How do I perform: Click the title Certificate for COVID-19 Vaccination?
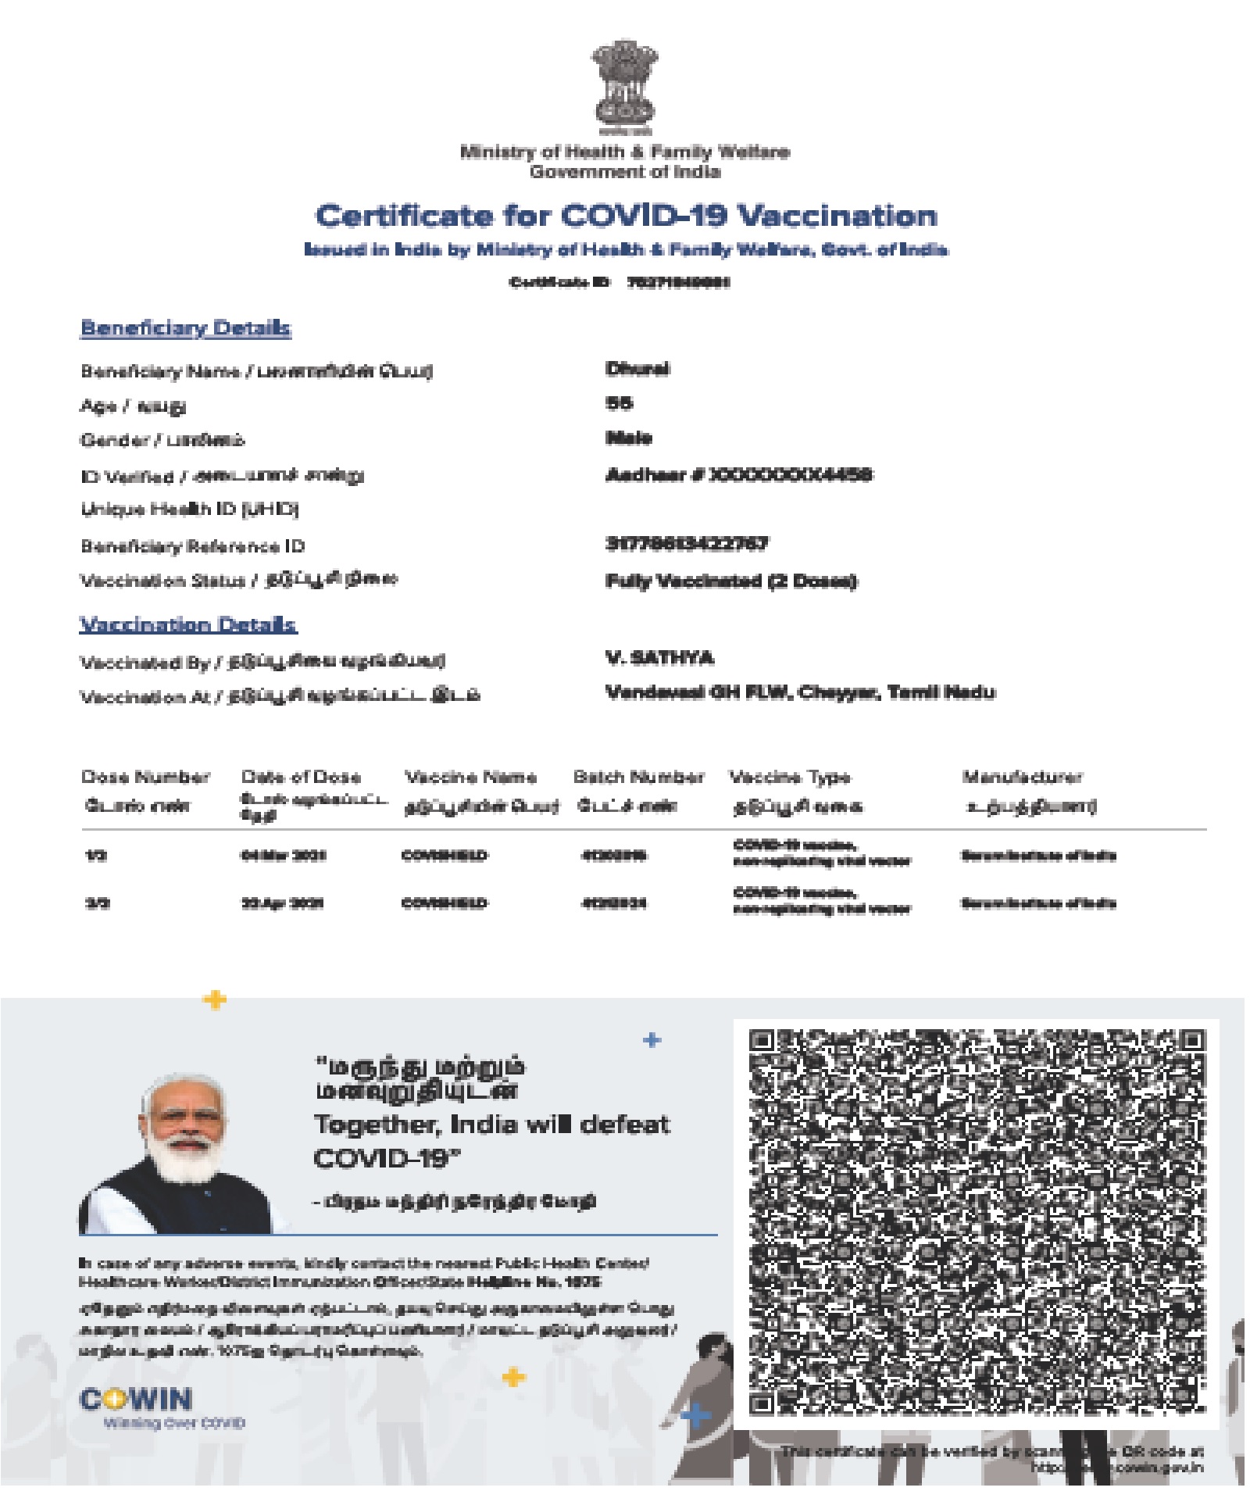coord(626,216)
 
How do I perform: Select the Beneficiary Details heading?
coord(185,328)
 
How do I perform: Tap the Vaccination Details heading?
coord(188,625)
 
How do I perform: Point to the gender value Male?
coord(628,438)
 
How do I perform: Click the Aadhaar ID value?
coord(738,474)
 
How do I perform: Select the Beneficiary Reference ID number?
coord(687,543)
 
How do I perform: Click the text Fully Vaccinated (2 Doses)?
coord(730,581)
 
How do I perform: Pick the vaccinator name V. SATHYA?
coord(659,658)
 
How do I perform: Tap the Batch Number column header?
coord(638,777)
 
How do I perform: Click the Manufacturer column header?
coord(1022,777)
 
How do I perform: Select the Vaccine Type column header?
coord(789,777)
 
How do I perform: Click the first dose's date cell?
coord(283,856)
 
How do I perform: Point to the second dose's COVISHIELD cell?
coord(444,903)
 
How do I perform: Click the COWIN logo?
coord(136,1399)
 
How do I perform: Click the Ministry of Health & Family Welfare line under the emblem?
coord(624,152)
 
